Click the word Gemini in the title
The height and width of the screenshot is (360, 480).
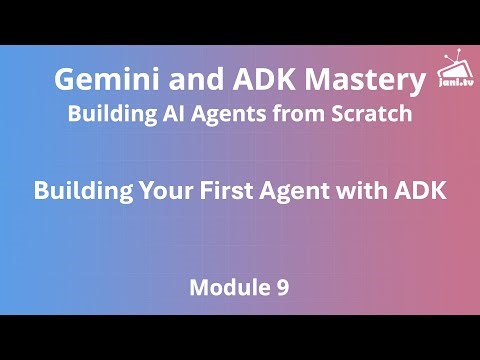point(103,80)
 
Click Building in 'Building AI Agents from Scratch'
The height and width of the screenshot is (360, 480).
point(107,114)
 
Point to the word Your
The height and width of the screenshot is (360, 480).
point(166,190)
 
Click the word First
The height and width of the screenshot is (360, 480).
point(232,190)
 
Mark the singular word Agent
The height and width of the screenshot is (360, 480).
point(303,190)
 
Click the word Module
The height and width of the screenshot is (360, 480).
point(227,289)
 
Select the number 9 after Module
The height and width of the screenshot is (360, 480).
point(283,289)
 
